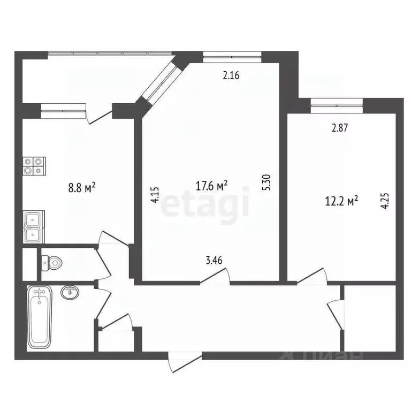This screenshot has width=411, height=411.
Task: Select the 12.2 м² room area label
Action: (341, 201)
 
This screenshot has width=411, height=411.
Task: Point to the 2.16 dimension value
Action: (231, 75)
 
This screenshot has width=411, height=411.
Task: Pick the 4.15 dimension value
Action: (155, 194)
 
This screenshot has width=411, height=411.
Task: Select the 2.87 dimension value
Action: (340, 128)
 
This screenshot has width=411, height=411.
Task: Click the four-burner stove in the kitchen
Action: (34, 166)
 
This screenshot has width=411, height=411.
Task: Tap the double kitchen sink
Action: (34, 227)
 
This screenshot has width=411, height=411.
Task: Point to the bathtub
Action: (40, 316)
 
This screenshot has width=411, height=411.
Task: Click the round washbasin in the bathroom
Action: (70, 292)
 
